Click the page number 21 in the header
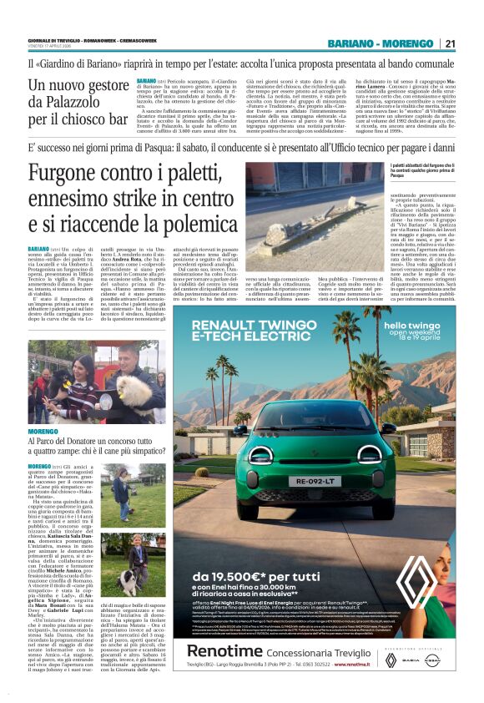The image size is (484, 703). pyautogui.click(x=451, y=43)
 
